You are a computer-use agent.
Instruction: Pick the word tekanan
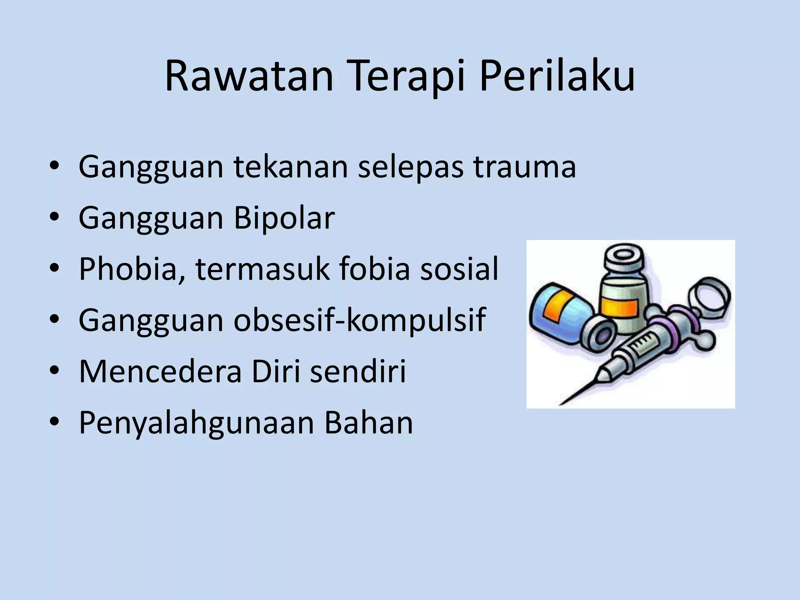coord(291,167)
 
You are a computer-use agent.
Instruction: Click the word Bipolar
coord(284,218)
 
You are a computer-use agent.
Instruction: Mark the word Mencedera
coord(160,371)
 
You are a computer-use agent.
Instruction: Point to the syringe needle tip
coord(561,403)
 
